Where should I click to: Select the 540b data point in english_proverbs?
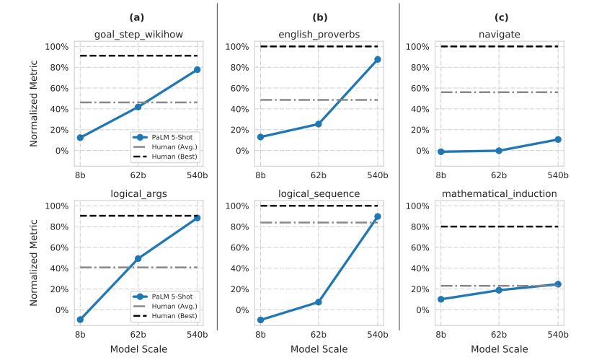pyautogui.click(x=377, y=59)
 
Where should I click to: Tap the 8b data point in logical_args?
pyautogui.click(x=80, y=320)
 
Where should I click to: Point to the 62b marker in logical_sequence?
pyautogui.click(x=319, y=302)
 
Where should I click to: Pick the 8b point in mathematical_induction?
pyautogui.click(x=440, y=299)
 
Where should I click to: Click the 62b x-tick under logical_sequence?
pyautogui.click(x=319, y=335)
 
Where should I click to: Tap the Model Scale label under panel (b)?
pyautogui.click(x=319, y=349)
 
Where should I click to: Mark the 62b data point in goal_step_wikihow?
pyautogui.click(x=138, y=106)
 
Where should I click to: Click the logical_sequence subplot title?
pyautogui.click(x=319, y=193)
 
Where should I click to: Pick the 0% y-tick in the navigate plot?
pyautogui.click(x=420, y=151)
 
